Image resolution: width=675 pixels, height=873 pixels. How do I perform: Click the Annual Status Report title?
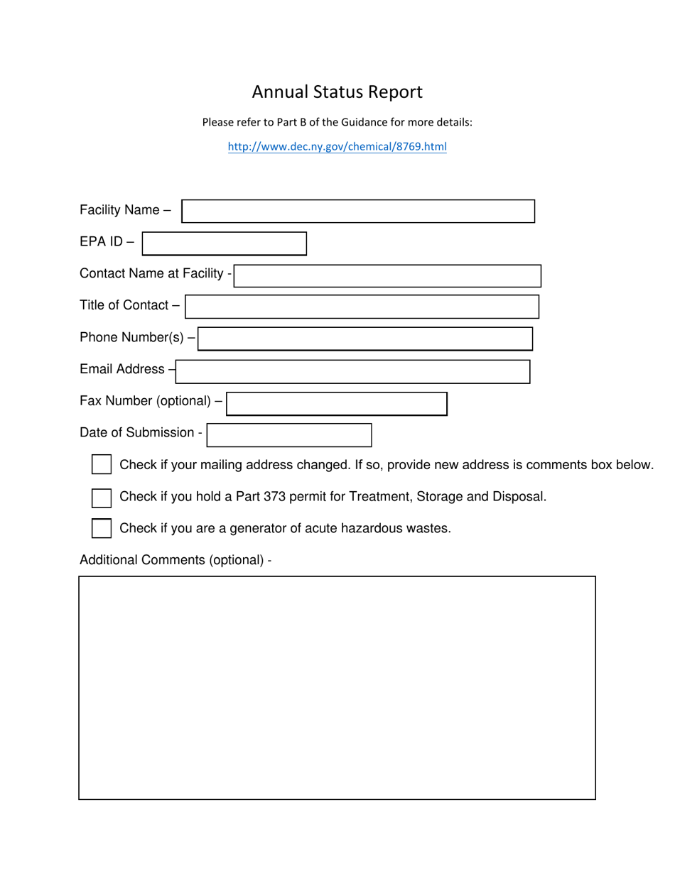point(337,92)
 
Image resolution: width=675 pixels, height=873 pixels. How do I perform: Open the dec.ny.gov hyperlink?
point(337,147)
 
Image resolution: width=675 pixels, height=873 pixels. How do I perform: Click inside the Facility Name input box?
point(358,212)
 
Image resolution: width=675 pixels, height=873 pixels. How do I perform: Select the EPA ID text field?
point(225,243)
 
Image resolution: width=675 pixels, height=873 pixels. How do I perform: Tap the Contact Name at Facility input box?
point(387,276)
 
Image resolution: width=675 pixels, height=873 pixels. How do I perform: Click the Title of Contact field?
point(362,307)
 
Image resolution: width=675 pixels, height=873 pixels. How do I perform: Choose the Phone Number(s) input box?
point(365,339)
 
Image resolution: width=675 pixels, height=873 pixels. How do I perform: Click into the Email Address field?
point(353,371)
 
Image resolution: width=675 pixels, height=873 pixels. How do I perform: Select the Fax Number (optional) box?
point(337,404)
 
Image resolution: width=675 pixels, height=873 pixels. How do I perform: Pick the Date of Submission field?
point(289,435)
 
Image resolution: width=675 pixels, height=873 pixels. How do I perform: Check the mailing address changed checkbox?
point(102,465)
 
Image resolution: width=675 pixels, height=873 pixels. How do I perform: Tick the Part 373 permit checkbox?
point(102,498)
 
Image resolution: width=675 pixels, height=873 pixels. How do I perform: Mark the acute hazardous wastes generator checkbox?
point(102,529)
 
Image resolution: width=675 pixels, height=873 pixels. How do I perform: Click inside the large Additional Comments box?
point(337,687)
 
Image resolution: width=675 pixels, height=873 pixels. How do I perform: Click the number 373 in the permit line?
point(274,497)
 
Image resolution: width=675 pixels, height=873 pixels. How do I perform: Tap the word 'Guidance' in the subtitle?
point(364,122)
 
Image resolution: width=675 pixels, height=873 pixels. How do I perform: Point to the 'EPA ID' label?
point(102,242)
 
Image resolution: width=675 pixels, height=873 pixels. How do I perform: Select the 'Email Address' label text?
point(122,369)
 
